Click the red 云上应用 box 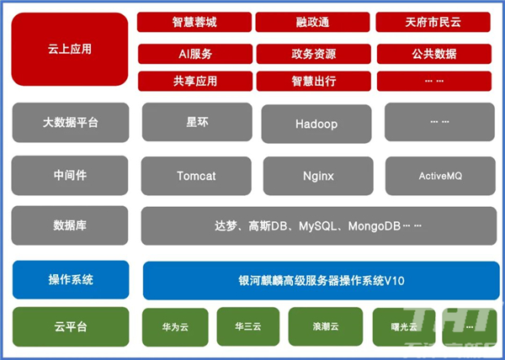point(70,50)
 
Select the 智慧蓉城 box point(194,22)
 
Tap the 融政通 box point(312,22)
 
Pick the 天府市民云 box point(433,22)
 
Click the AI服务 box point(195,54)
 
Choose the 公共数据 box point(434,54)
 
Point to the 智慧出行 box point(314,81)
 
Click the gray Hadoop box point(316,124)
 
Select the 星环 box point(197,122)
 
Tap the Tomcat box point(196,176)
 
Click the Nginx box point(318,176)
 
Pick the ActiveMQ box point(440,176)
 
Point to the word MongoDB point(375,226)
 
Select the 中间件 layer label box point(70,175)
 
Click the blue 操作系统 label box point(71,279)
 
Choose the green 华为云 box point(175,327)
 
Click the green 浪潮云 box point(326,326)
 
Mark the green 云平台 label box point(71,327)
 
